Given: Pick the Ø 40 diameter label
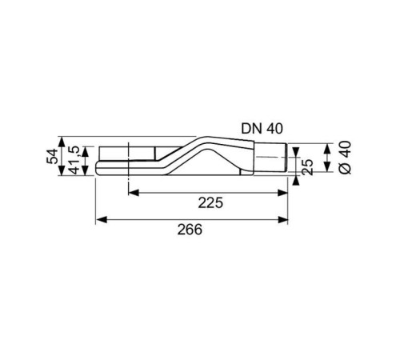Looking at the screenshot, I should pos(345,158).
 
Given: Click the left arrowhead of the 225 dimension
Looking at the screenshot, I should pos(133,192).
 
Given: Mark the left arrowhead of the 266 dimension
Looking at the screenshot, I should pos(100,218).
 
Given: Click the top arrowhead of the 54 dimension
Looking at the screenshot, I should pos(63,138).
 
